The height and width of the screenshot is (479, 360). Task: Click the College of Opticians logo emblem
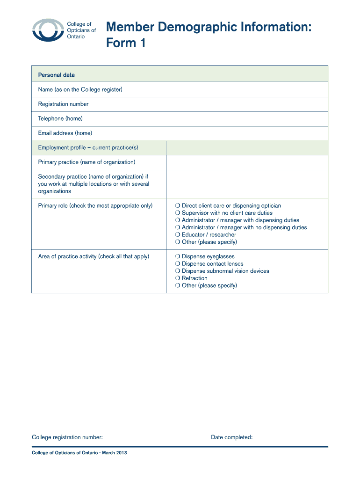47,31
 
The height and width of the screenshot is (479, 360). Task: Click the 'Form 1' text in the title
126,43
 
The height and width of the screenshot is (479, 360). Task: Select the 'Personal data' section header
56,75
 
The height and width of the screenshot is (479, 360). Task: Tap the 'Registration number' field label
63,104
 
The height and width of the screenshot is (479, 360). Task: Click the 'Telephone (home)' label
60,118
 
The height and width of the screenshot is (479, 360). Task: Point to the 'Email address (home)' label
65,133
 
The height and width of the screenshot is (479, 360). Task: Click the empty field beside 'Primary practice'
247,162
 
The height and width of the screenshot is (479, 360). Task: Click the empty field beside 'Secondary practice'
247,184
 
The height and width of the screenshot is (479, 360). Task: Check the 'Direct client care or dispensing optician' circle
178,206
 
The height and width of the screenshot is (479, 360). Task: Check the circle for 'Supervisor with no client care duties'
178,213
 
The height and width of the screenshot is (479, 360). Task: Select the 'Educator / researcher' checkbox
178,235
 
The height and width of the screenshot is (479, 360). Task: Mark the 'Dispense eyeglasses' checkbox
178,257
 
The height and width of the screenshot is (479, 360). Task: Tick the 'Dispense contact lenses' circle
178,264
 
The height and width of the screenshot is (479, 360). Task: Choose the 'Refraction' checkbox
178,278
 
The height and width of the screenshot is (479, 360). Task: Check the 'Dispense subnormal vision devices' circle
178,271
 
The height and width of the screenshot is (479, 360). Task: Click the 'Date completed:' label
231,437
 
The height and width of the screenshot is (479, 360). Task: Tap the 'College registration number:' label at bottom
67,437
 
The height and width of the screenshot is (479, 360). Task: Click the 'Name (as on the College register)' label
80,89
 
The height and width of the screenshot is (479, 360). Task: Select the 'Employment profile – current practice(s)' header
88,148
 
